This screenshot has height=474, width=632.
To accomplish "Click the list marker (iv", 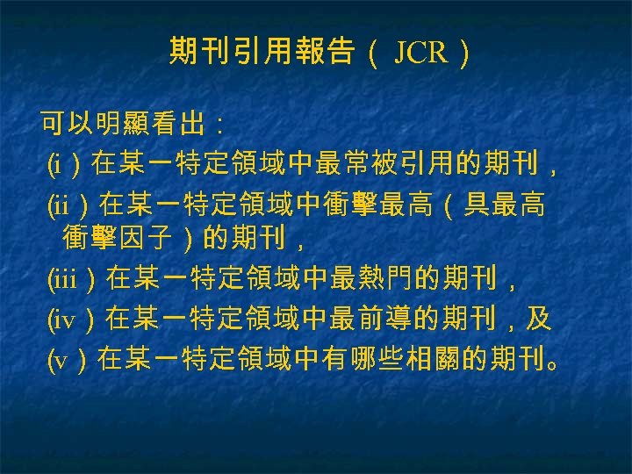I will pyautogui.click(x=61, y=320).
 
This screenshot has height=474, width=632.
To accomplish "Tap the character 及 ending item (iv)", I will pyautogui.click(x=539, y=320).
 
